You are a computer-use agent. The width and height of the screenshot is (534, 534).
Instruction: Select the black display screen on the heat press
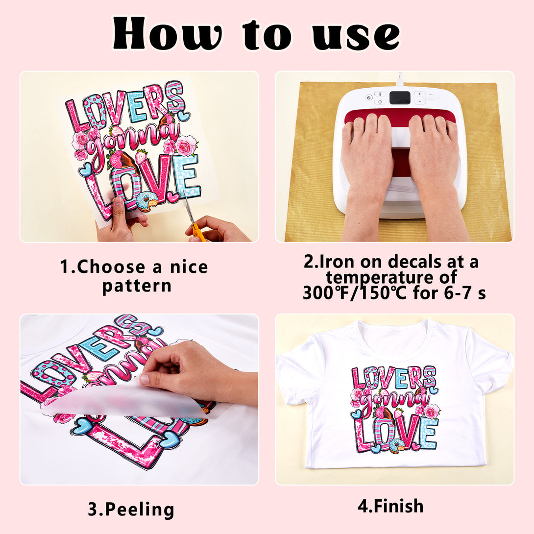tap(400, 98)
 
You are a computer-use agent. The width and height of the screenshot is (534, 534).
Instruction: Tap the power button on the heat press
tap(368, 98)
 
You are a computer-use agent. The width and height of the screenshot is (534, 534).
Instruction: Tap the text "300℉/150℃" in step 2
tap(355, 293)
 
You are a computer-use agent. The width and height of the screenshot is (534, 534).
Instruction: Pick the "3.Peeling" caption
tap(131, 510)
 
